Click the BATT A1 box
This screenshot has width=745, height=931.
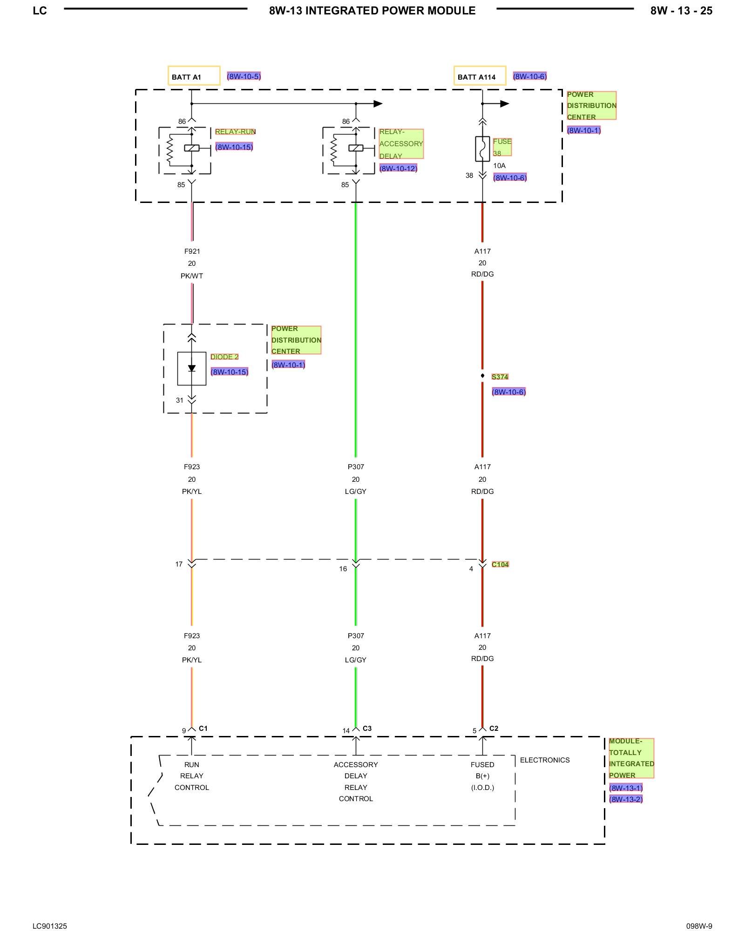pos(194,76)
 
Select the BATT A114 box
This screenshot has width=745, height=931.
pos(480,76)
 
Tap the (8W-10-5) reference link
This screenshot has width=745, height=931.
pos(244,76)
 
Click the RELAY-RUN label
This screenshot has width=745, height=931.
pos(235,132)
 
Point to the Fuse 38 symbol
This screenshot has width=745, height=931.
pos(482,149)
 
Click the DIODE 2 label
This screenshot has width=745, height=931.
pos(224,357)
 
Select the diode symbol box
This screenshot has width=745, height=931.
pos(192,369)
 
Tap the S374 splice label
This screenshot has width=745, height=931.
pos(500,377)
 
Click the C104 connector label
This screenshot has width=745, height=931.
pos(500,565)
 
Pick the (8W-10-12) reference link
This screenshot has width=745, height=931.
pos(398,169)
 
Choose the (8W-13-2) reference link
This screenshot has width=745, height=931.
pos(626,799)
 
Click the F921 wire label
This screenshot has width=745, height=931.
pos(192,251)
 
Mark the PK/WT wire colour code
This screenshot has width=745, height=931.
pos(192,276)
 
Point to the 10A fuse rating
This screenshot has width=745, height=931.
pos(499,166)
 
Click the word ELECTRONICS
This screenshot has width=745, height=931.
pos(545,760)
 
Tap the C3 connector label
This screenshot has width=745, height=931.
pos(367,729)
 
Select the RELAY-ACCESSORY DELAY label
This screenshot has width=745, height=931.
pos(401,144)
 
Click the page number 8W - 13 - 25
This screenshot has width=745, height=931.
pos(681,11)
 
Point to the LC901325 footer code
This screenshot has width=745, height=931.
pos(50,926)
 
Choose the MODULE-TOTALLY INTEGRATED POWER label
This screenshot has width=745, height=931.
pos(631,758)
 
